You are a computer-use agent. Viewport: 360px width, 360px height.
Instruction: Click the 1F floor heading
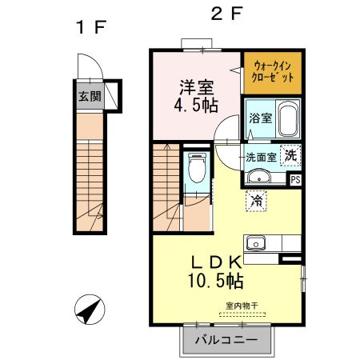(90, 28)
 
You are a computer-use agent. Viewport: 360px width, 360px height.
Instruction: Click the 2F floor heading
(227, 14)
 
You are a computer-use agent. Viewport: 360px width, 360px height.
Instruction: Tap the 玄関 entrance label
(89, 97)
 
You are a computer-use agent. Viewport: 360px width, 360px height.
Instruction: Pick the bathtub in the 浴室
(286, 118)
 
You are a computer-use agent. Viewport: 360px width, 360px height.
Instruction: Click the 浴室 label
(259, 118)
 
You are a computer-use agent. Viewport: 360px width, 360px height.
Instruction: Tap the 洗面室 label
(261, 157)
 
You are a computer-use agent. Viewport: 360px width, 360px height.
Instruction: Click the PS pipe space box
(296, 180)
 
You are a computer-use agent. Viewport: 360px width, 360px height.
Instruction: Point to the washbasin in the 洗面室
(259, 178)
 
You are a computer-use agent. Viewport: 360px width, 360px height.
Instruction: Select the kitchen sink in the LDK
(258, 243)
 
